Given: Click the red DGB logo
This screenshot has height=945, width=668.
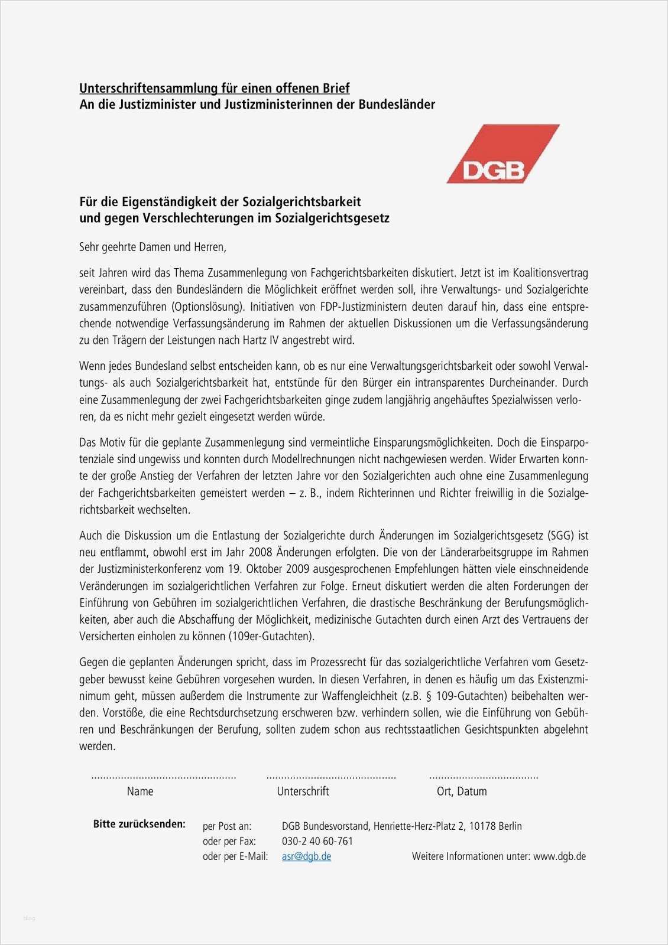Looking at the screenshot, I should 502,154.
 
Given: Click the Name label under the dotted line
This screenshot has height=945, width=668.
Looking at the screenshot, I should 140,791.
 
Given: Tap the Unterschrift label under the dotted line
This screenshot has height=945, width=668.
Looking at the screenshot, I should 303,791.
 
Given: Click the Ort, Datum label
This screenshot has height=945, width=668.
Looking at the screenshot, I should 462,791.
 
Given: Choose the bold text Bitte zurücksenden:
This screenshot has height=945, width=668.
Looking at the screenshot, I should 140,824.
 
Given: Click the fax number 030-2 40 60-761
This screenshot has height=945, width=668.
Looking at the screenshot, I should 317,841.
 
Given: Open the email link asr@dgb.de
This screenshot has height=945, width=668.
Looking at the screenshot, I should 306,856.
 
